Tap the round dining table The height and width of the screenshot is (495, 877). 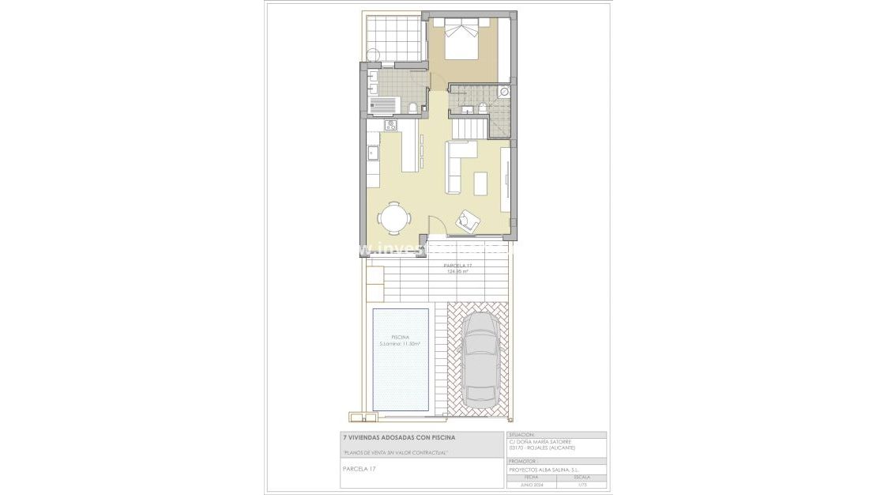pyautogui.click(x=393, y=217)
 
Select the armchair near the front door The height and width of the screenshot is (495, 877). pyautogui.click(x=467, y=220)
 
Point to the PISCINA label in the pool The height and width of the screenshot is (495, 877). pyautogui.click(x=400, y=337)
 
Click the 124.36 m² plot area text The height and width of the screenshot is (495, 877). pyautogui.click(x=458, y=270)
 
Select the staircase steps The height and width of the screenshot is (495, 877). pyautogui.click(x=468, y=126)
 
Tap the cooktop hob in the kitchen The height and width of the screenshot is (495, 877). pyautogui.click(x=390, y=125)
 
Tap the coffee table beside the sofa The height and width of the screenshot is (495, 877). pyautogui.click(x=481, y=183)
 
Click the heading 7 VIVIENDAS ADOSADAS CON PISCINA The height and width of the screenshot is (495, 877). pyautogui.click(x=398, y=436)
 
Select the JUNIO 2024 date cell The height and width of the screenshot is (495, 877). pyautogui.click(x=531, y=484)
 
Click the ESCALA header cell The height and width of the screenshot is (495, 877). pyautogui.click(x=582, y=478)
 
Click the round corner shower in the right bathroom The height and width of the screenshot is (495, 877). pyautogui.click(x=504, y=92)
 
